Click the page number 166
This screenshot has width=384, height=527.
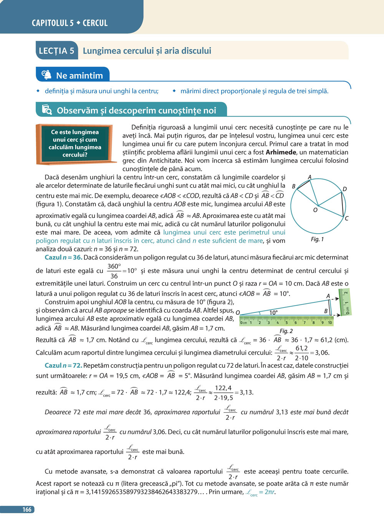26,509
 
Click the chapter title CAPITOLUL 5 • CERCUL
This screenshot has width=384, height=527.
70,23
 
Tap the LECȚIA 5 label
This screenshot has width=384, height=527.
56,51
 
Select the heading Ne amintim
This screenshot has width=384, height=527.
79,76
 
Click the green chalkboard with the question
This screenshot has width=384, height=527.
74,144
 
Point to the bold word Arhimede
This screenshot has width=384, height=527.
281,152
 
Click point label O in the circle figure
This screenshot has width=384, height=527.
315,210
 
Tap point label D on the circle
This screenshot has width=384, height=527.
344,189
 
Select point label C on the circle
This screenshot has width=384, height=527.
346,218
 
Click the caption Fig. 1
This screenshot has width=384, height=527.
317,239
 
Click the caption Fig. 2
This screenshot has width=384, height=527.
286,331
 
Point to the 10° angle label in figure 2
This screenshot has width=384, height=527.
273,312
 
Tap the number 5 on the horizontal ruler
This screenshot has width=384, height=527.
286,322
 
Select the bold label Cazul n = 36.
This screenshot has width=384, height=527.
63,257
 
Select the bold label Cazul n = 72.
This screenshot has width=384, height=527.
63,365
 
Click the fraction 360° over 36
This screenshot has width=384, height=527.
114,271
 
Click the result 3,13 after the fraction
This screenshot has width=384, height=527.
247,392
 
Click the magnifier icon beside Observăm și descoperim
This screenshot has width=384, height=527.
46,110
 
